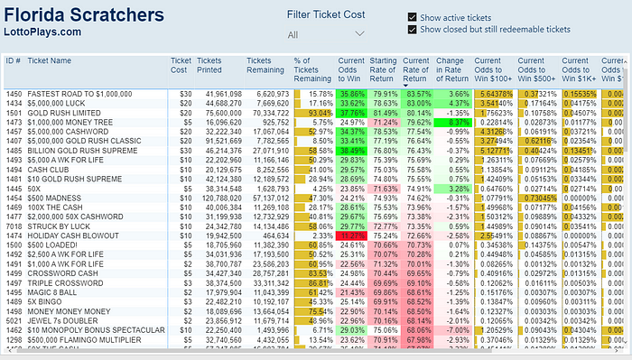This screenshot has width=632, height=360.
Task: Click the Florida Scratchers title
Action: (86, 15)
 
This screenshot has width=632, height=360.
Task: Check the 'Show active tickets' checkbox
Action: (413, 17)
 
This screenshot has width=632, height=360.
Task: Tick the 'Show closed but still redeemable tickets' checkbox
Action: (413, 29)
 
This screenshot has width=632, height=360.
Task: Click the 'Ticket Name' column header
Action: (50, 60)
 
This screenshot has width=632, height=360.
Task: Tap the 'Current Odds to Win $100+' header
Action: (494, 70)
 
